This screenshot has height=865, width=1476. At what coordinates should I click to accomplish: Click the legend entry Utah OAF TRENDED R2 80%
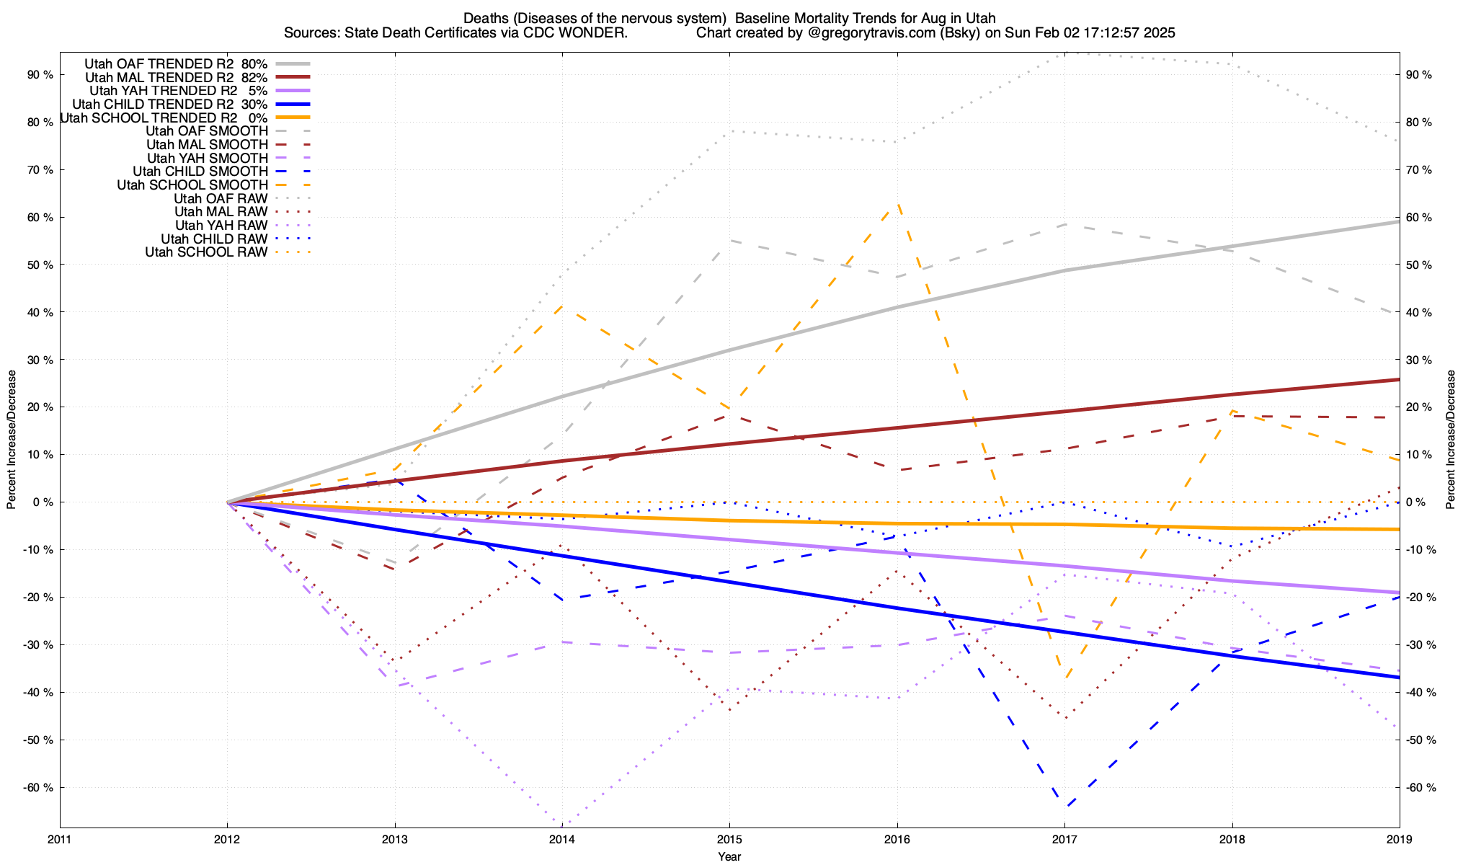[176, 63]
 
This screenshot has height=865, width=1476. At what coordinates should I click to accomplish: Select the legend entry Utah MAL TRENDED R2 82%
[177, 77]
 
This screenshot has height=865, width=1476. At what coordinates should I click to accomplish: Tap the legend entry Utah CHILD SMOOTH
[200, 172]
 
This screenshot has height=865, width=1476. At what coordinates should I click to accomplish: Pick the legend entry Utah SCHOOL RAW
[206, 252]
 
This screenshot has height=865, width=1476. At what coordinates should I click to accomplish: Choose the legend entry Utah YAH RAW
[221, 226]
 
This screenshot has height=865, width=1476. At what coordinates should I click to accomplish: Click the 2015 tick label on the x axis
[729, 839]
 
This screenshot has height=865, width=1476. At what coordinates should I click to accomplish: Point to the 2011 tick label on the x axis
[60, 839]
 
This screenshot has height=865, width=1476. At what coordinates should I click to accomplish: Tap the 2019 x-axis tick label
[1399, 839]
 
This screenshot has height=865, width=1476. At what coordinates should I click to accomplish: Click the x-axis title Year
[729, 856]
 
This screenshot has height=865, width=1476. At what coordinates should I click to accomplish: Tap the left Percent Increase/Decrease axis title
[12, 440]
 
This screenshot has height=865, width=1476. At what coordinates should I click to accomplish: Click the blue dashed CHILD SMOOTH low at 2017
[1064, 807]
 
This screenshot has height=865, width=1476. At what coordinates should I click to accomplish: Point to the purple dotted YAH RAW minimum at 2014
[562, 824]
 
